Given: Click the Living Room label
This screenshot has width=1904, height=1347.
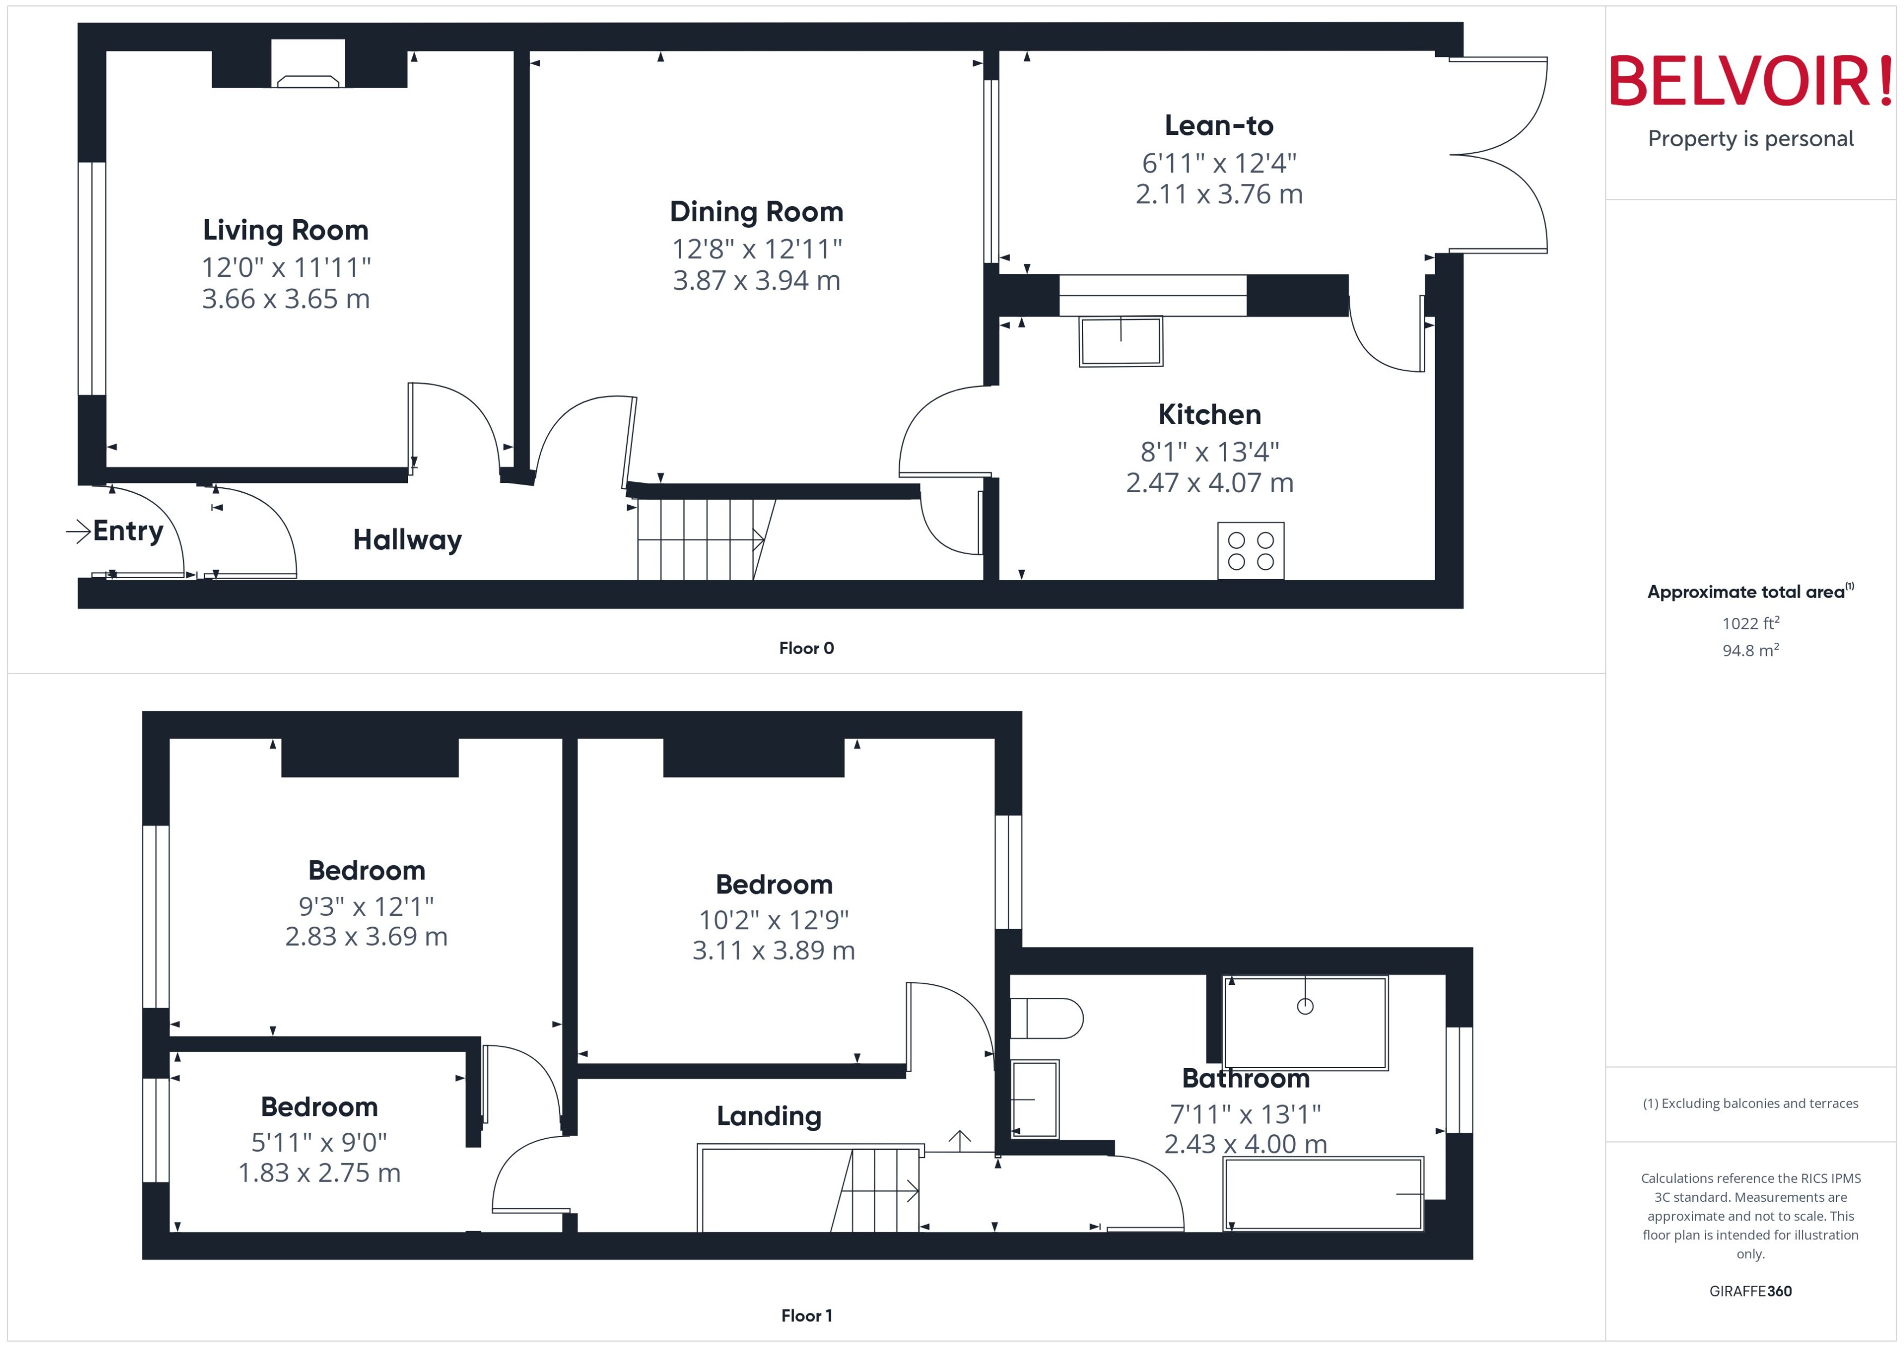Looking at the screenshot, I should pyautogui.click(x=286, y=229).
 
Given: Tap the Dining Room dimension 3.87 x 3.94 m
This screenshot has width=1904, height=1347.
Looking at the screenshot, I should pyautogui.click(x=756, y=281).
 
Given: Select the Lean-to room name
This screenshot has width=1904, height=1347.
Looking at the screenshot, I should pyautogui.click(x=1218, y=125).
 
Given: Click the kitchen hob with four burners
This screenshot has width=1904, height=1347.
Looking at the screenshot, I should pyautogui.click(x=1250, y=551).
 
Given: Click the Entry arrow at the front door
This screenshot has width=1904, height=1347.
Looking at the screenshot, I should pyautogui.click(x=79, y=531).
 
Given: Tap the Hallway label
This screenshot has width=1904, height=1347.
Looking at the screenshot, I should pyautogui.click(x=407, y=540).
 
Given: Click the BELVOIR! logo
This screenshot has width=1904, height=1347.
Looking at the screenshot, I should pyautogui.click(x=1751, y=81).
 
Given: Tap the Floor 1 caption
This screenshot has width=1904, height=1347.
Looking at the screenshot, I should pyautogui.click(x=806, y=1315).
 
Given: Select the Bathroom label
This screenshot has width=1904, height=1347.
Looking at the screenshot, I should pyautogui.click(x=1245, y=1078).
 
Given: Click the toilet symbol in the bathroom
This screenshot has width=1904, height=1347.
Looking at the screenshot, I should pyautogui.click(x=1047, y=1017).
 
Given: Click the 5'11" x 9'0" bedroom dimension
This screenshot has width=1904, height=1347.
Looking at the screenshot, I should pyautogui.click(x=319, y=1142).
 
